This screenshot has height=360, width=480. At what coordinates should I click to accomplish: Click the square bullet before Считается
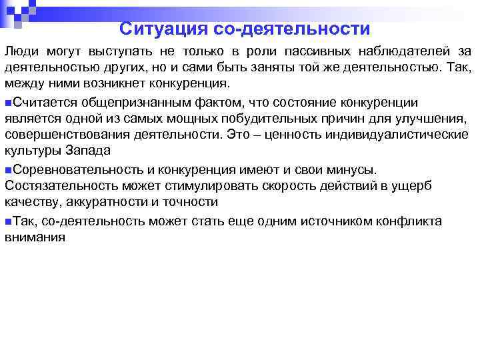(7, 103)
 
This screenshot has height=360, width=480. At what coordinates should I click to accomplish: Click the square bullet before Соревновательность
(7, 170)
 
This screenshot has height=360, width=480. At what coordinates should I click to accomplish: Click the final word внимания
(34, 237)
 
